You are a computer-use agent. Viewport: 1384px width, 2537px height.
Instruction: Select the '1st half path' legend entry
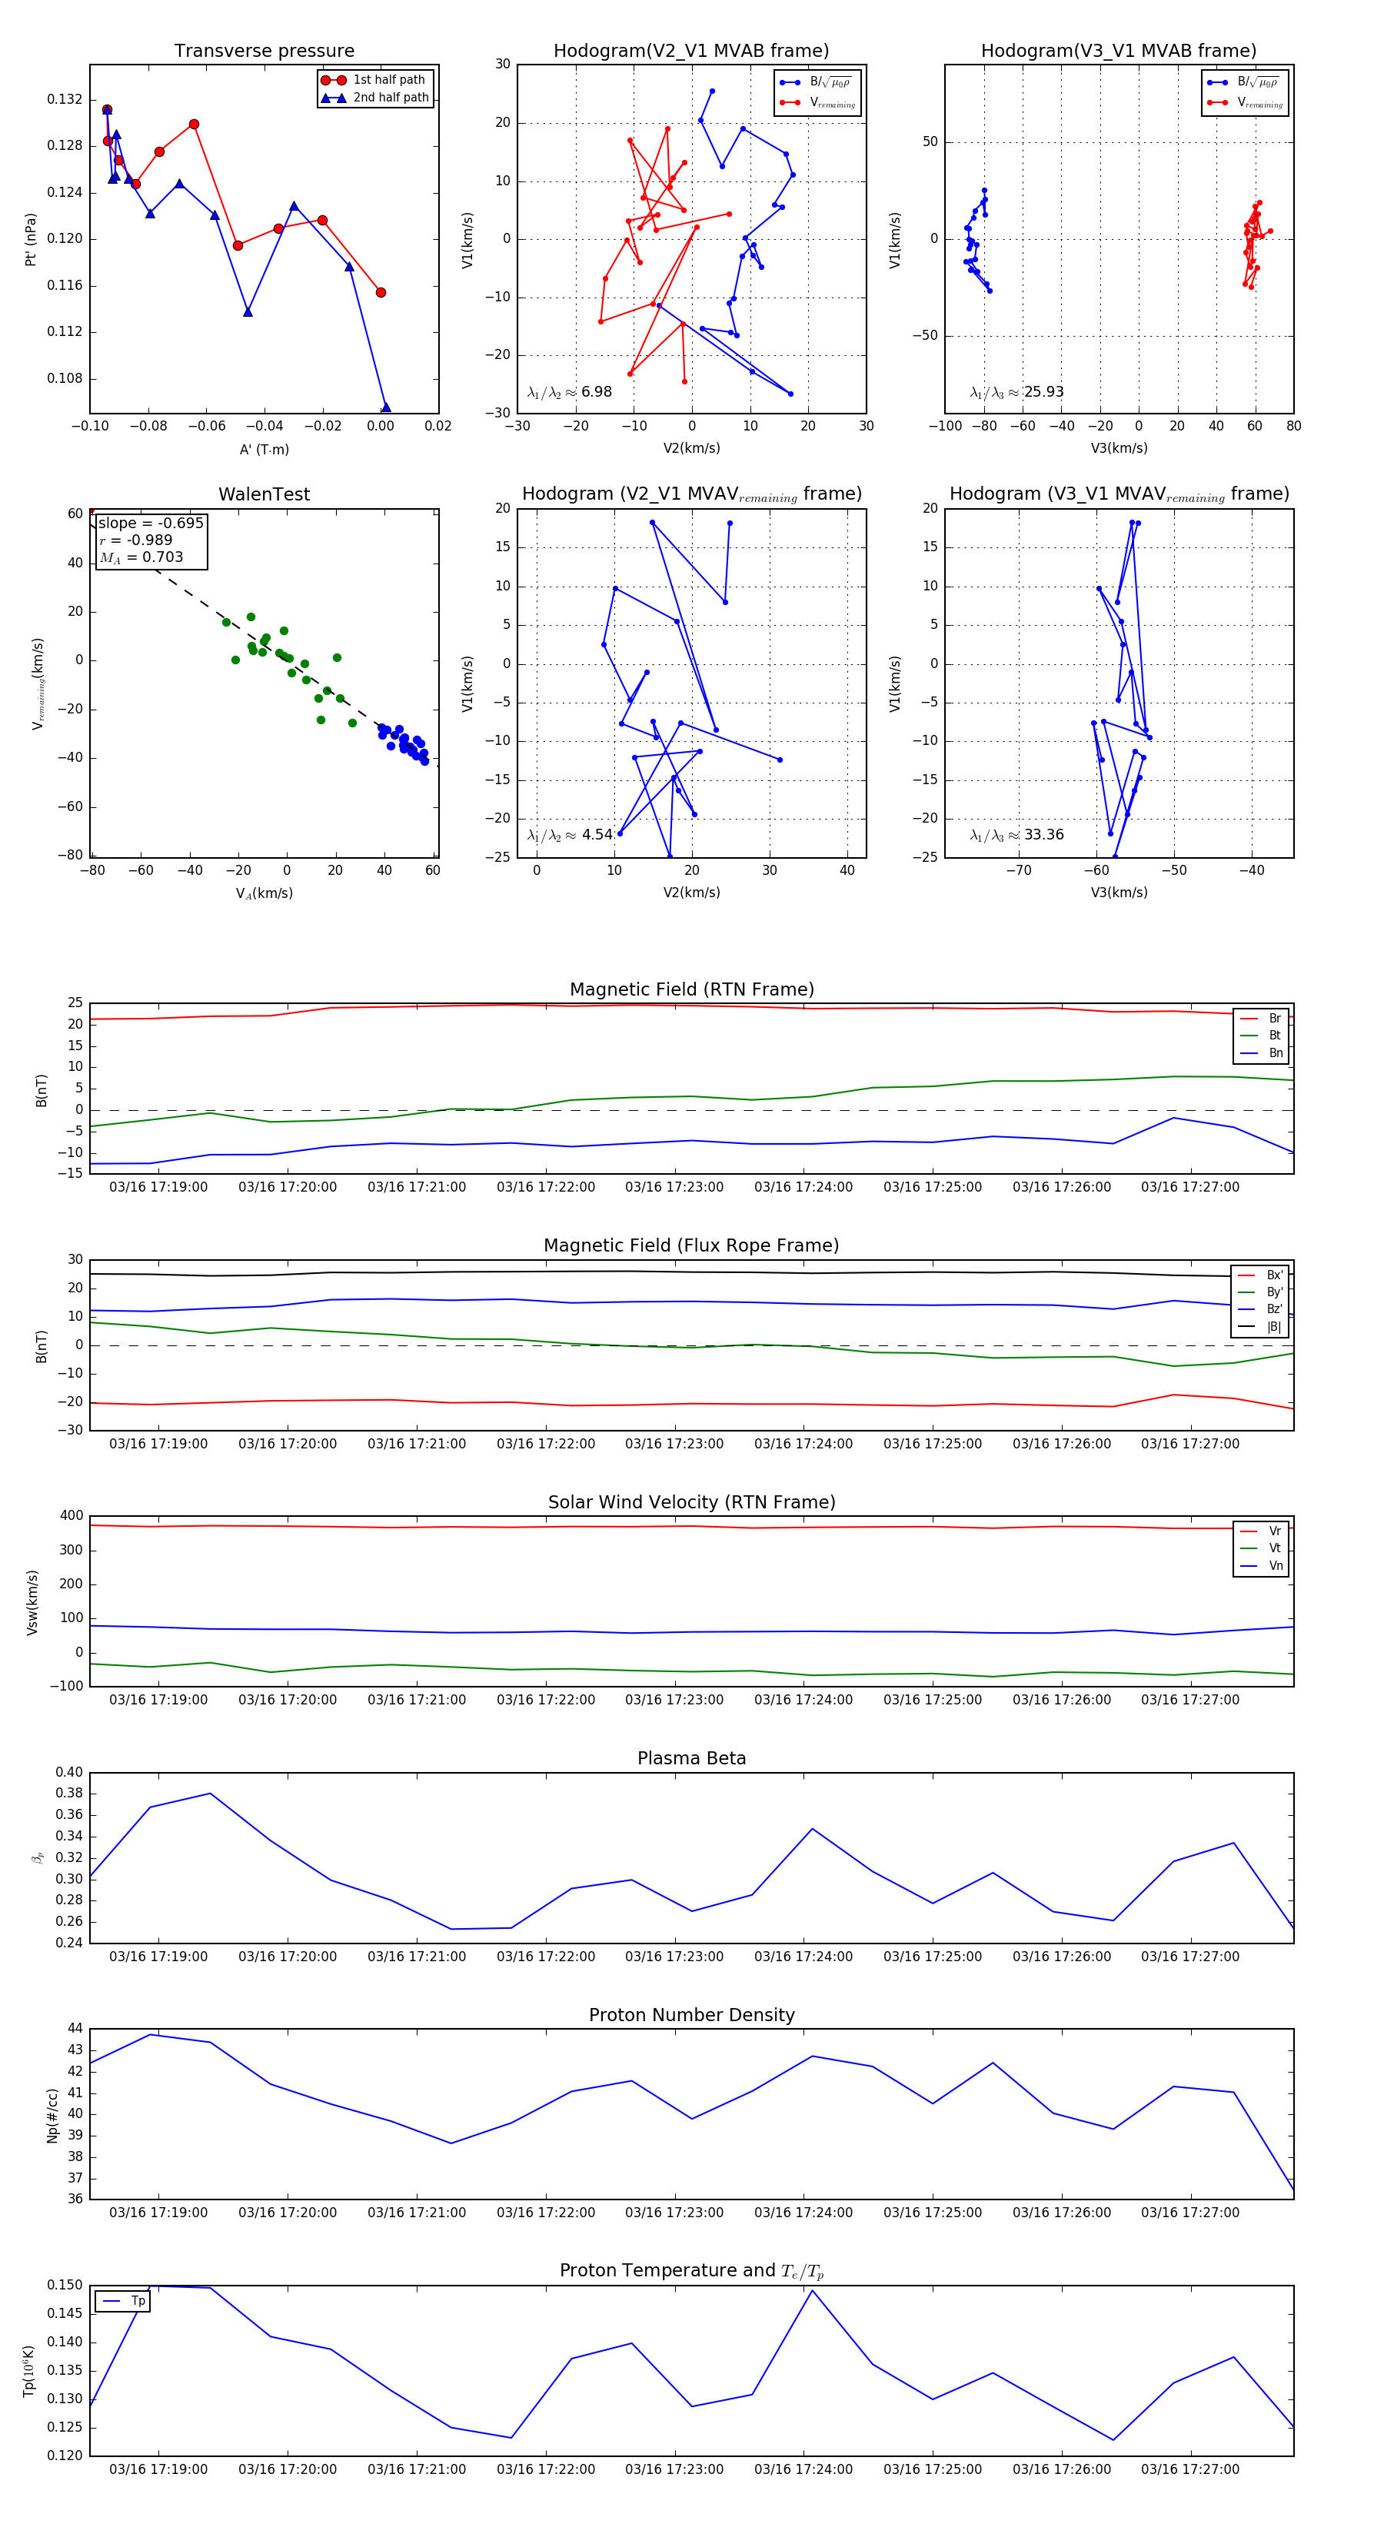[x=388, y=80]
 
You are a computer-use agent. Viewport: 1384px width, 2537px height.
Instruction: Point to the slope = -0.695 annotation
[x=151, y=523]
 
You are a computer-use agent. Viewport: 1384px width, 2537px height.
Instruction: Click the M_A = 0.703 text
[x=141, y=557]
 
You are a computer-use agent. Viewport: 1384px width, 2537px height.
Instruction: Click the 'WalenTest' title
[x=264, y=494]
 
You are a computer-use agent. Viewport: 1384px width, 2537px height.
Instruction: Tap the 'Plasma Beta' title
[x=691, y=1758]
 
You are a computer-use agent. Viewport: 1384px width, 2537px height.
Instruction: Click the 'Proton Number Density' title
[x=691, y=2015]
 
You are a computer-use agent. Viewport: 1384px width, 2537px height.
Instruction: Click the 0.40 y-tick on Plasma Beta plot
[x=69, y=1772]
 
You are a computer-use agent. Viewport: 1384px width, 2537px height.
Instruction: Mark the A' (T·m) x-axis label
[x=264, y=449]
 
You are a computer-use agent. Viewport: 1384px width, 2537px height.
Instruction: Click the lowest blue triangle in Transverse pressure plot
[x=385, y=407]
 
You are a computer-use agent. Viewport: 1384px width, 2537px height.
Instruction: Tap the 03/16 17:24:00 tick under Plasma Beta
[x=803, y=1956]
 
